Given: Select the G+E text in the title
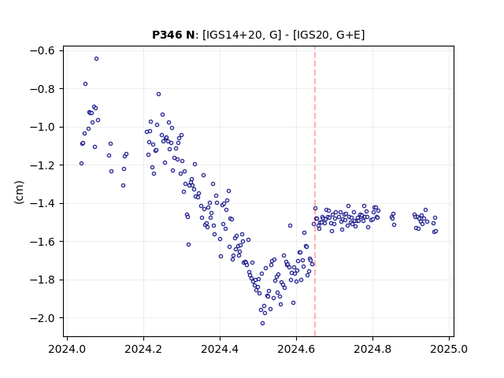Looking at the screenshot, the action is click(x=347, y=35).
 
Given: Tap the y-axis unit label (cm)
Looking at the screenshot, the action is click(x=19, y=191).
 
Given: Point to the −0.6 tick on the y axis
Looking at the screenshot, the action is click(x=43, y=50).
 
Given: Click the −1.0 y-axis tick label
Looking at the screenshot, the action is click(x=43, y=127).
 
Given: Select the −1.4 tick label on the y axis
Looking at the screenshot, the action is click(x=43, y=203).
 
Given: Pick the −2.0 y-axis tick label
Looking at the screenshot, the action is click(x=43, y=318).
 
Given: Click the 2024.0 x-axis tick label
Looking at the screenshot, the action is click(x=67, y=349).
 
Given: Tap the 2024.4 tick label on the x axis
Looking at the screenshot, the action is click(x=220, y=349).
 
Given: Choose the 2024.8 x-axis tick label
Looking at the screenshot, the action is click(x=372, y=349).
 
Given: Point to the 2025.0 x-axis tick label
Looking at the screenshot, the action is click(x=449, y=349).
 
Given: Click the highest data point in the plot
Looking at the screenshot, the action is click(x=96, y=59).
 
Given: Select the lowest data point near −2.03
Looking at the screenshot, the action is click(x=262, y=324).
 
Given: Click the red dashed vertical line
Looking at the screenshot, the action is click(x=315, y=191).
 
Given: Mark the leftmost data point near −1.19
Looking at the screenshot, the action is click(x=81, y=164).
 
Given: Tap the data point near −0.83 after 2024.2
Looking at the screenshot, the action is click(x=159, y=94).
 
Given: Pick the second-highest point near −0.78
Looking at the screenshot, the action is click(x=86, y=84).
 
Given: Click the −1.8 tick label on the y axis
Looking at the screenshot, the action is click(x=43, y=280).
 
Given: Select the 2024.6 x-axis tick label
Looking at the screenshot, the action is click(x=296, y=349).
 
